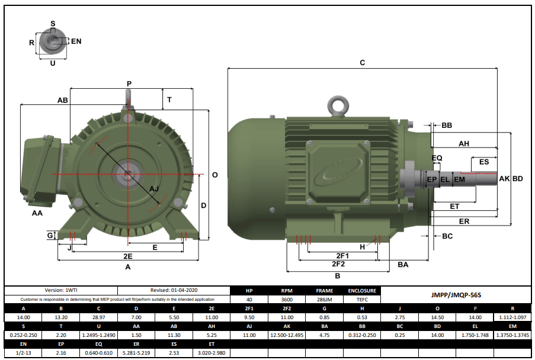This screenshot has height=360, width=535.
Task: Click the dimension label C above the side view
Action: point(363,62)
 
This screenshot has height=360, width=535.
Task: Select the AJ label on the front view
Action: point(154,189)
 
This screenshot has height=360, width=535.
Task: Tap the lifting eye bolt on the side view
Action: point(339,105)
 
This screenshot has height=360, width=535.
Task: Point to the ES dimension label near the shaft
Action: point(483,162)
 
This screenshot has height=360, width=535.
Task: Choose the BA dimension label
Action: point(403,265)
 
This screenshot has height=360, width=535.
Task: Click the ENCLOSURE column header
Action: point(361,291)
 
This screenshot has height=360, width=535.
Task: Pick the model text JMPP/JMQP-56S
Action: point(454,293)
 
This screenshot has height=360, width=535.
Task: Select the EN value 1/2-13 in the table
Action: point(23,353)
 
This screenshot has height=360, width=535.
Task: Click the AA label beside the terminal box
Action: point(36,213)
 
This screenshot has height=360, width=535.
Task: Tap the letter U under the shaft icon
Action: point(53,63)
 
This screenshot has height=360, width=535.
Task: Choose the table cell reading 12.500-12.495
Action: point(287,336)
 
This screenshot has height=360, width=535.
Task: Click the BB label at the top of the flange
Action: point(447,126)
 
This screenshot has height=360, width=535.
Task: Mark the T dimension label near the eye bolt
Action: point(169,100)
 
